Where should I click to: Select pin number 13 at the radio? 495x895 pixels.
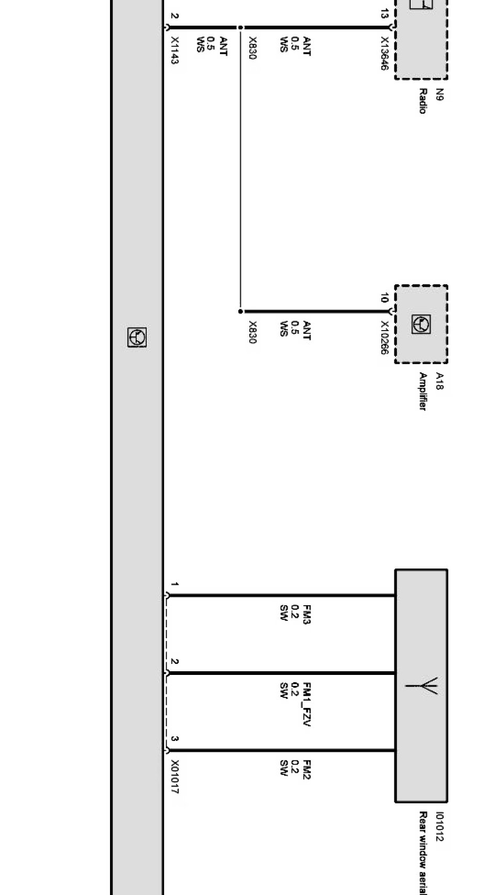[x=384, y=14]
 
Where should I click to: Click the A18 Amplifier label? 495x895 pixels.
[x=431, y=391]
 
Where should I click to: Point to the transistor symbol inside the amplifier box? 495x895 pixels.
[x=421, y=325]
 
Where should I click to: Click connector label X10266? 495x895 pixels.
[x=384, y=338]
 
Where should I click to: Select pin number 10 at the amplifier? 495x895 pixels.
[x=384, y=298]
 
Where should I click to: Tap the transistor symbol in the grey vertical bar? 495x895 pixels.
[x=137, y=337]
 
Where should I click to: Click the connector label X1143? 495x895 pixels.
[x=174, y=50]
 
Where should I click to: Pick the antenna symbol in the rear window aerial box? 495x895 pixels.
[x=422, y=686]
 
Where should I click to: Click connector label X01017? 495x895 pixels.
[x=174, y=777]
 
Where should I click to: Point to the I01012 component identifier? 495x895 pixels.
[x=439, y=827]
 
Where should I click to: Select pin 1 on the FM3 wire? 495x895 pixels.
[x=174, y=584]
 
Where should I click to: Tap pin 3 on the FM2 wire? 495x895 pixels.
[x=174, y=739]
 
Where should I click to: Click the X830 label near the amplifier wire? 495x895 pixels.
[x=252, y=332]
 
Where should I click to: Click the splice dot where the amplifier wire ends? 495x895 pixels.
[x=240, y=311]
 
